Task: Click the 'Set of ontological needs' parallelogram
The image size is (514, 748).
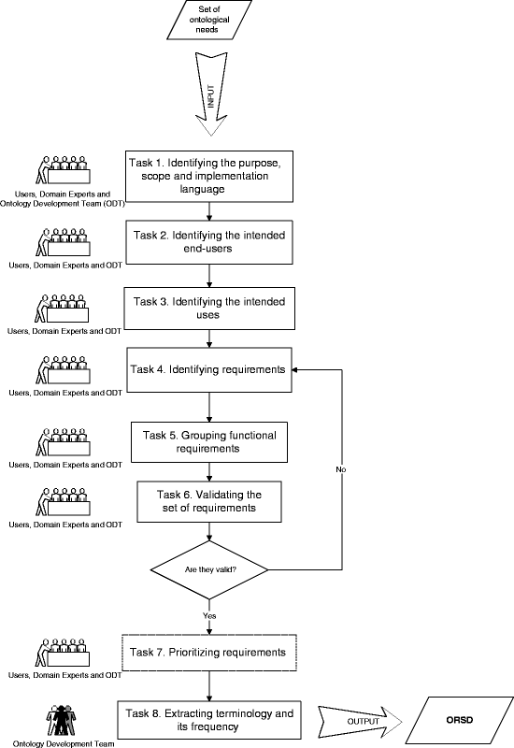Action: (209, 20)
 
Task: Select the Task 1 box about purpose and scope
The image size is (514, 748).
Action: (209, 177)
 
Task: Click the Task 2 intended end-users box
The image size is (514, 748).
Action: (209, 242)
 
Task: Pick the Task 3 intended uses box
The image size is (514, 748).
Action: (209, 309)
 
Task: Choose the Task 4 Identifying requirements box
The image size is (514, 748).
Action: (208, 370)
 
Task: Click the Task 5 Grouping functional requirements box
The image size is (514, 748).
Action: (209, 442)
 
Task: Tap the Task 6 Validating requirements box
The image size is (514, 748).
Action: (209, 501)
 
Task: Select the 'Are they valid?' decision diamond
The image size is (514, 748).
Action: (209, 569)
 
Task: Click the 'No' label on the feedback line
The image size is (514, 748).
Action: (340, 469)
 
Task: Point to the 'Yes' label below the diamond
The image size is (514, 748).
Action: (209, 616)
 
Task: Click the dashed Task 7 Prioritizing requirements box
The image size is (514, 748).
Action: (209, 653)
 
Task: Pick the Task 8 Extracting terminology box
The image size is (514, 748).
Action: (209, 720)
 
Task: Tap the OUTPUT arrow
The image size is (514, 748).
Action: (360, 721)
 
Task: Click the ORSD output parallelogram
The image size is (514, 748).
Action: (460, 720)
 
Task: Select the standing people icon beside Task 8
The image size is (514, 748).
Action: (61, 720)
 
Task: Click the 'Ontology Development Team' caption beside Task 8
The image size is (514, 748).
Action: (64, 743)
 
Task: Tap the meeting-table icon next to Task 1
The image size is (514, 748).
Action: (63, 170)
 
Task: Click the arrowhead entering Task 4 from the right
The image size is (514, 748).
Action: (295, 369)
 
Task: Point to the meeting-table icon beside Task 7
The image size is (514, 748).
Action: (63, 652)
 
